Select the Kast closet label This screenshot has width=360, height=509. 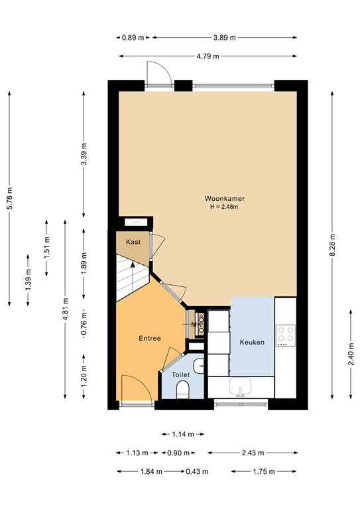pos(133,242)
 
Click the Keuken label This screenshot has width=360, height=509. pos(252,343)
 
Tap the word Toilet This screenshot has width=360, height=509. pos(180,374)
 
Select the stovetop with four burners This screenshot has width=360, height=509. pos(285,335)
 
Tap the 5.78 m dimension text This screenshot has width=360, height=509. pos(9,198)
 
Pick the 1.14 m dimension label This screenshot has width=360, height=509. pos(182,434)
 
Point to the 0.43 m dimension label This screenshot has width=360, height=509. pos(196,471)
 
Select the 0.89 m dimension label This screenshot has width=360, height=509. pos(133,38)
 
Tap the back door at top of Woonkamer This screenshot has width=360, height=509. pos(158,72)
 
